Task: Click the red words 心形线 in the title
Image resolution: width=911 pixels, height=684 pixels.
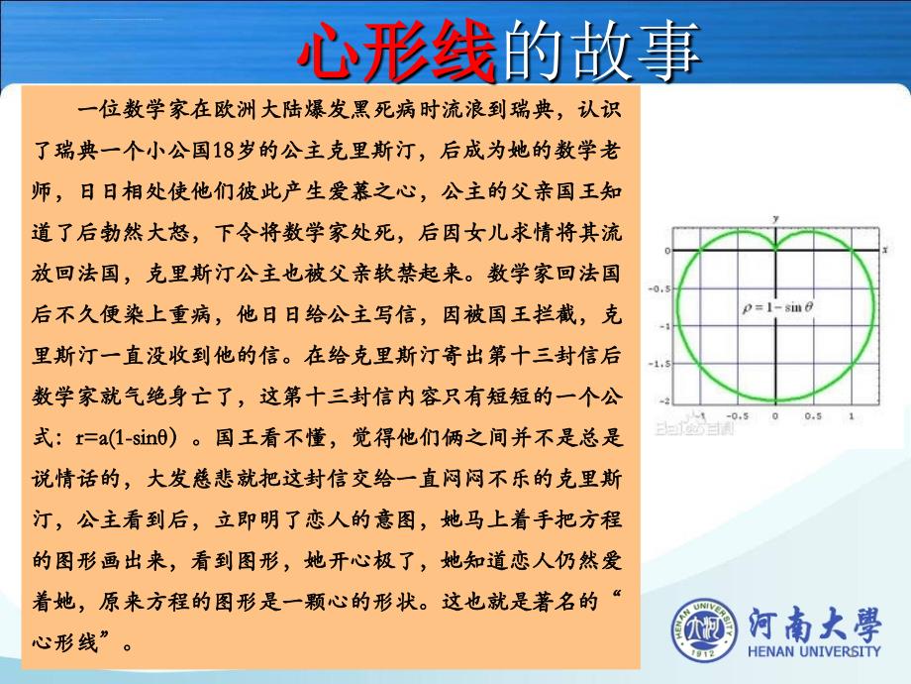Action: point(397,52)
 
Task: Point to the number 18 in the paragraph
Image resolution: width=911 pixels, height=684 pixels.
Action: point(224,151)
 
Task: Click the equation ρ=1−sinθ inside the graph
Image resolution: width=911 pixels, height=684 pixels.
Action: point(777,307)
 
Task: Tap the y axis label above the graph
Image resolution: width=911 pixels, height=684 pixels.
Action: point(775,219)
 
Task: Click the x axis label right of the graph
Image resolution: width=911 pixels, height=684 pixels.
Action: point(885,250)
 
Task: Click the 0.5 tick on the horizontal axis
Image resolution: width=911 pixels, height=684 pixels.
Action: point(813,416)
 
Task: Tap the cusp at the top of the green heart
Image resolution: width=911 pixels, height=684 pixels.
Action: point(775,249)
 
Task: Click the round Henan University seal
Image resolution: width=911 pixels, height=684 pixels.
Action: point(705,629)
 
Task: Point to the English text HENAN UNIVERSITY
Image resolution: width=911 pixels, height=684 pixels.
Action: point(814,651)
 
